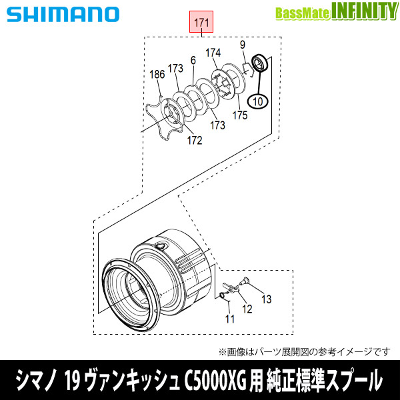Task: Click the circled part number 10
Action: tap(257, 101)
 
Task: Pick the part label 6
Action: tap(193, 61)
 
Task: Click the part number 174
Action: tap(213, 53)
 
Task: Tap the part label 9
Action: tap(243, 45)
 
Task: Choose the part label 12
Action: tap(247, 308)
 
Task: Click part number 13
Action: tap(267, 300)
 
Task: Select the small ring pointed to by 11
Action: tap(222, 293)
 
